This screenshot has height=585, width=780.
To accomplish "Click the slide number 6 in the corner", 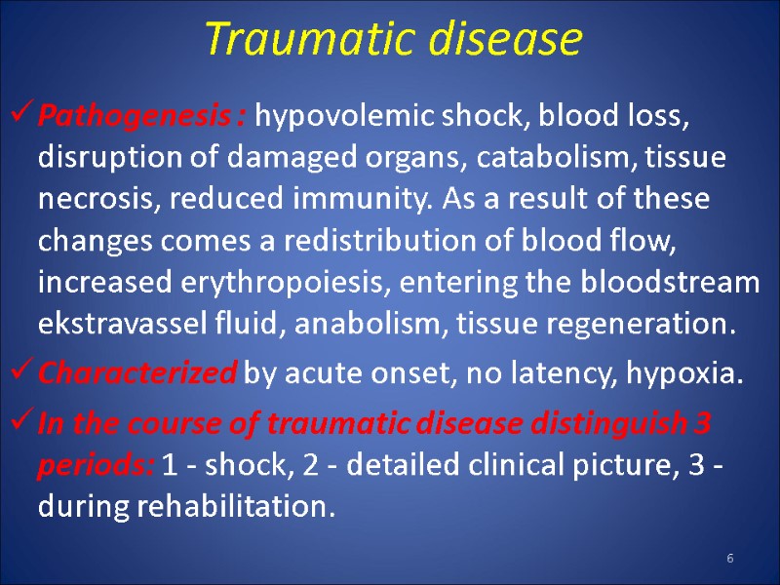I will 729,557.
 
